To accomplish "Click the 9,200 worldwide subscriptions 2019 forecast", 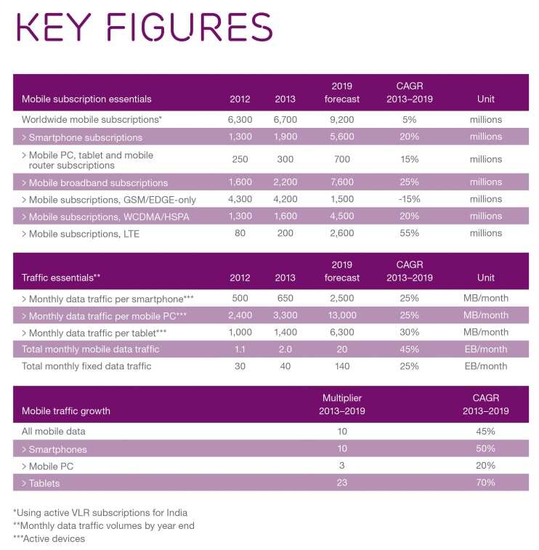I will (341, 119).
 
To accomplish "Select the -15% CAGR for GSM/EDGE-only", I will (409, 199).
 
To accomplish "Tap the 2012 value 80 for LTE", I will (239, 232).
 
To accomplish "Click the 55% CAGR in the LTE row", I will (409, 232).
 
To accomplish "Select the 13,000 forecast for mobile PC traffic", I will (341, 315).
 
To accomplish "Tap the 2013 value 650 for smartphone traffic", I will (285, 299).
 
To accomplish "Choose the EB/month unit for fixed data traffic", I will (485, 366).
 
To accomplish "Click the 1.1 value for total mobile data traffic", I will (239, 349).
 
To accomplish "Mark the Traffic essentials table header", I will (60, 278).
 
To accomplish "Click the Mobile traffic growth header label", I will (66, 411).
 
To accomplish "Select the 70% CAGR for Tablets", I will (485, 482).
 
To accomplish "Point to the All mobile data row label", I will (54, 431).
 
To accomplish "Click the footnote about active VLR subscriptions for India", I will (94, 512).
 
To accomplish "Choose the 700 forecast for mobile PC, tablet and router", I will (341, 159).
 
